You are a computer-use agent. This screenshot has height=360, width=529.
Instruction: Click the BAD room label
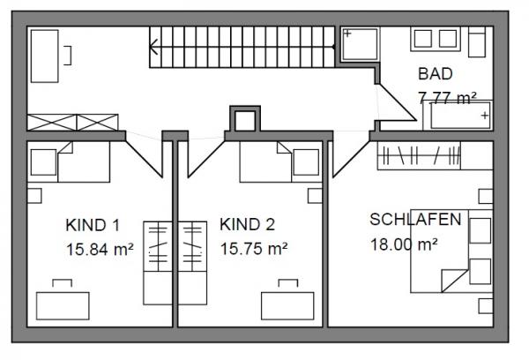coord(435,74)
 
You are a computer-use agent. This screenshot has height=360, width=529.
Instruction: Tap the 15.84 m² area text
coord(100,250)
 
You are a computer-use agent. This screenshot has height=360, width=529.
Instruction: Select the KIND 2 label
coord(247,225)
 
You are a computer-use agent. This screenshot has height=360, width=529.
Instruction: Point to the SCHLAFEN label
coord(415,220)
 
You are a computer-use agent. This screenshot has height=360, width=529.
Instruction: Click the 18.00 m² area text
coord(404,244)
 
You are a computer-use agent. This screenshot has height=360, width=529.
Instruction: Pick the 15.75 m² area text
coord(254,249)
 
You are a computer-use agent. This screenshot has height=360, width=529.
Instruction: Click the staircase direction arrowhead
coord(153,47)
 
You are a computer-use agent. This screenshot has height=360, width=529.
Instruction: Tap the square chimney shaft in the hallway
coord(245,119)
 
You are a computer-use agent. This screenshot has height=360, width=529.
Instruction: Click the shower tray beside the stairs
coord(360,44)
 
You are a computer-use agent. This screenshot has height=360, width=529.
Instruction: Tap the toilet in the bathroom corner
coord(477,41)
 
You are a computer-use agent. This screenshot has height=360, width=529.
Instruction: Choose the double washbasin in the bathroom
coord(436,39)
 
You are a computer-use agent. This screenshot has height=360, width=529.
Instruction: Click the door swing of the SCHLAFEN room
coord(350,158)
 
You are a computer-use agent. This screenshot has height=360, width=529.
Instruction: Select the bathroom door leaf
coord(396,102)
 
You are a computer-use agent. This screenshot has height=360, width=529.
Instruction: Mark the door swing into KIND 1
coord(145,158)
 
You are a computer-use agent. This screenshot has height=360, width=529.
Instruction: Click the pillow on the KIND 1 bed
coord(43,162)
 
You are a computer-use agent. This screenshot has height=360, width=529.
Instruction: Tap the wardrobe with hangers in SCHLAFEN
coord(419,155)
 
